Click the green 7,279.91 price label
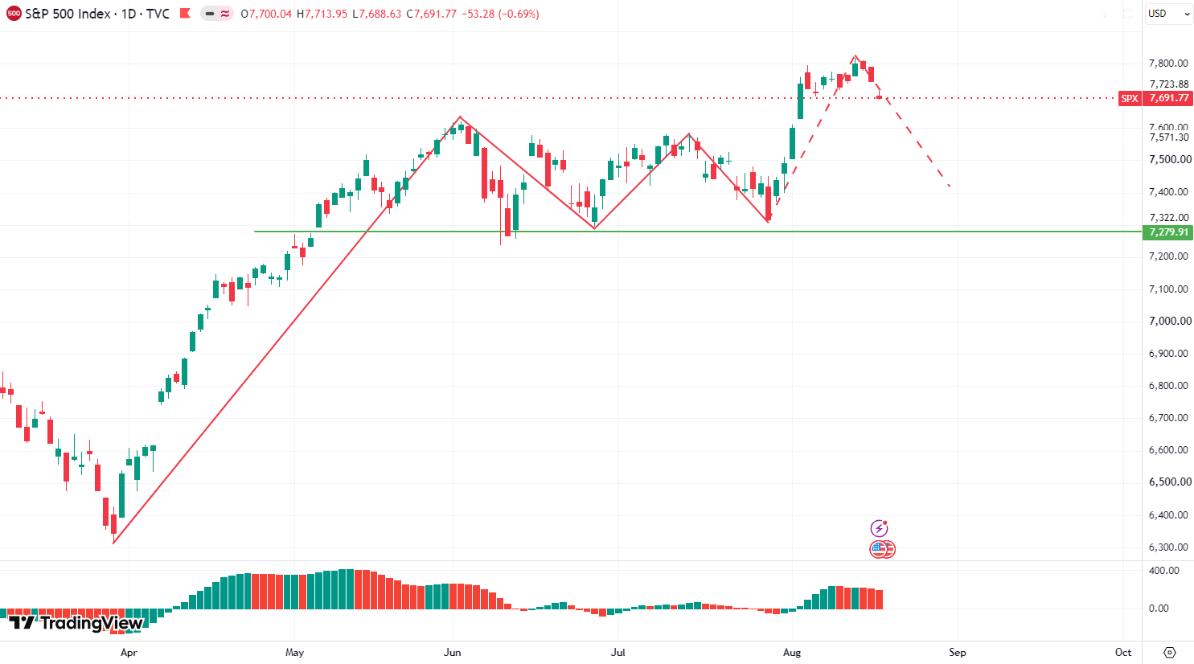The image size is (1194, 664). (1168, 232)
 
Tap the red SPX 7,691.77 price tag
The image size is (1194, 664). (1155, 98)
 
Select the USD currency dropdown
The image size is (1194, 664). (1169, 14)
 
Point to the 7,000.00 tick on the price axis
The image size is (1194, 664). (1170, 321)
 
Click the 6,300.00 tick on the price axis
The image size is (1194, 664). (1168, 547)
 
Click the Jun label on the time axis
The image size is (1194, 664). (452, 652)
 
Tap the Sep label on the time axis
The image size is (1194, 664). (958, 652)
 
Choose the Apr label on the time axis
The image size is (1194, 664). (129, 652)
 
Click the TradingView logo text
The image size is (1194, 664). (76, 622)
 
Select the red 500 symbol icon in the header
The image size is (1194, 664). (14, 14)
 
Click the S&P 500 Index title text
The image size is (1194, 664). (68, 14)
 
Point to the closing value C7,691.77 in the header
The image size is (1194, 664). (431, 14)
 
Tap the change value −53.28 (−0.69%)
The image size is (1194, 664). (500, 14)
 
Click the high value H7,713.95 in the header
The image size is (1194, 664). (322, 14)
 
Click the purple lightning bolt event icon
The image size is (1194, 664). (879, 528)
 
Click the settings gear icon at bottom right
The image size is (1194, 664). (1170, 652)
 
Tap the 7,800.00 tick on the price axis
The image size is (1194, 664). (1168, 64)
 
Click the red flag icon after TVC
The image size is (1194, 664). (185, 14)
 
